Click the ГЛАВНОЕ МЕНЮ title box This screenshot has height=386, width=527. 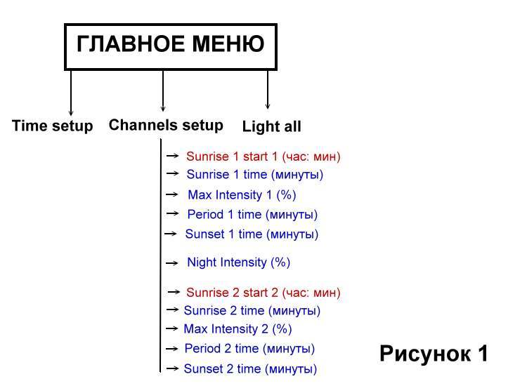tap(170, 46)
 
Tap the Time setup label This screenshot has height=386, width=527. tap(52, 126)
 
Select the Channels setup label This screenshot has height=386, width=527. tap(166, 126)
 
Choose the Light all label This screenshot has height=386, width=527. tap(271, 127)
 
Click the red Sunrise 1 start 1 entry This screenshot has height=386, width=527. tap(263, 157)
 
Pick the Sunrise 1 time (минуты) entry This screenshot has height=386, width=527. tap(254, 175)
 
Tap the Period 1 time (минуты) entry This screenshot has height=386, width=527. tap(252, 214)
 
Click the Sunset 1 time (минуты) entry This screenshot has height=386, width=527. tap(252, 234)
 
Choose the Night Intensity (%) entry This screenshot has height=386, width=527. tap(238, 262)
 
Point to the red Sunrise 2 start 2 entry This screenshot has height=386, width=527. tap(263, 292)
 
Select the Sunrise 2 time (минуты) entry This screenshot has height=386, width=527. tap(252, 310)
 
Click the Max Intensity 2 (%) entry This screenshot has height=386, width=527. tap(238, 328)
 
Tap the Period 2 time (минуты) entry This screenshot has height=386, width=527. tap(249, 348)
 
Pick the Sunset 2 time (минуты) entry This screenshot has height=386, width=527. tap(250, 368)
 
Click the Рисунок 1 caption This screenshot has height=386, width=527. tap(434, 353)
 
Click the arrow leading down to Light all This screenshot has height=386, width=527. tap(268, 89)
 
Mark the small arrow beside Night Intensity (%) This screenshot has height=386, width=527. tap(172, 263)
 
